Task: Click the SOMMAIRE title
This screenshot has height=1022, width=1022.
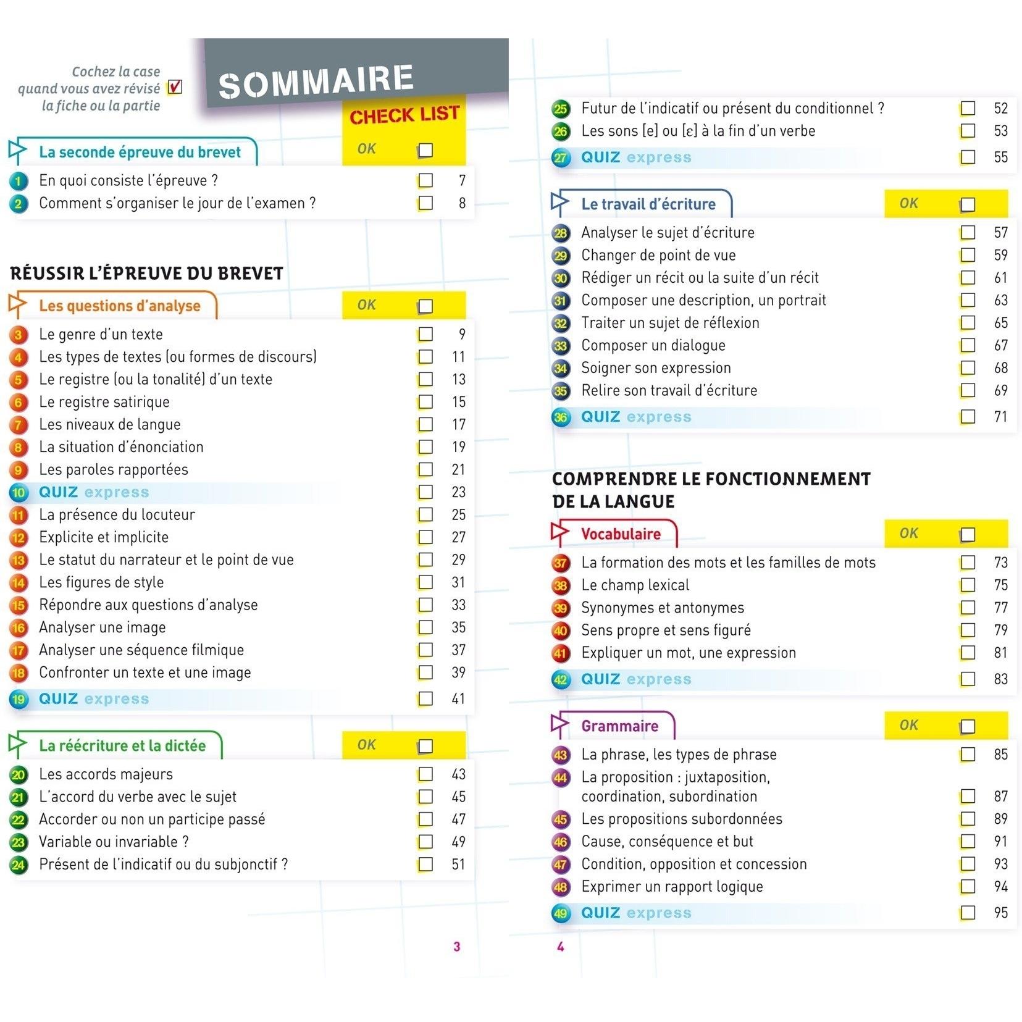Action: pyautogui.click(x=316, y=82)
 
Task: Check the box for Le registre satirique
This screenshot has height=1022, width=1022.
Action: pyautogui.click(x=425, y=402)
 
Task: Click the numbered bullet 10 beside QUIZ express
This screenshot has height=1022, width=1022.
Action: pyautogui.click(x=19, y=493)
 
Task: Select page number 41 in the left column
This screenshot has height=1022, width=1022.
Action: pyautogui.click(x=458, y=698)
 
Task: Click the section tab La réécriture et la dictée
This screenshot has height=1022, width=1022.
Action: pyautogui.click(x=122, y=745)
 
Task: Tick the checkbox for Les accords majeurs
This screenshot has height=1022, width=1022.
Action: pyautogui.click(x=425, y=774)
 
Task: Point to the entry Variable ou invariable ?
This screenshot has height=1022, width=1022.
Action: pyautogui.click(x=114, y=842)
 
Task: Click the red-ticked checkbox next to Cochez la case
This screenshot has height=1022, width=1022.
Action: pyautogui.click(x=175, y=87)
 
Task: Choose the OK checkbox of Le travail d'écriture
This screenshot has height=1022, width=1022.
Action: pyautogui.click(x=967, y=205)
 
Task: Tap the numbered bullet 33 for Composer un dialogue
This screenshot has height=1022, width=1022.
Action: pyautogui.click(x=560, y=346)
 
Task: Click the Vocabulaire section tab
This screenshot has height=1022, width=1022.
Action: pyautogui.click(x=620, y=534)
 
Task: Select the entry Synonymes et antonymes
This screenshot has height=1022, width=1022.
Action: pyautogui.click(x=662, y=608)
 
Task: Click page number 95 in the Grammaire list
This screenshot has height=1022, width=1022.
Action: pyautogui.click(x=1000, y=913)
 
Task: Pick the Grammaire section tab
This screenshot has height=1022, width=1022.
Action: pyautogui.click(x=619, y=726)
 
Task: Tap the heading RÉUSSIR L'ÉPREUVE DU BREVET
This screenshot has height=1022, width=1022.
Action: pyautogui.click(x=147, y=273)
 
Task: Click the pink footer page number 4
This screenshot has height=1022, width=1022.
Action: pyautogui.click(x=560, y=947)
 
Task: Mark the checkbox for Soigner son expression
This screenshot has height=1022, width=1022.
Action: pyautogui.click(x=968, y=368)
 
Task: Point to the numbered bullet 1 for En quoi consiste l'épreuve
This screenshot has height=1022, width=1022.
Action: pyautogui.click(x=19, y=181)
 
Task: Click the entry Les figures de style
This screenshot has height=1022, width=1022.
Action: pyautogui.click(x=101, y=582)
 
